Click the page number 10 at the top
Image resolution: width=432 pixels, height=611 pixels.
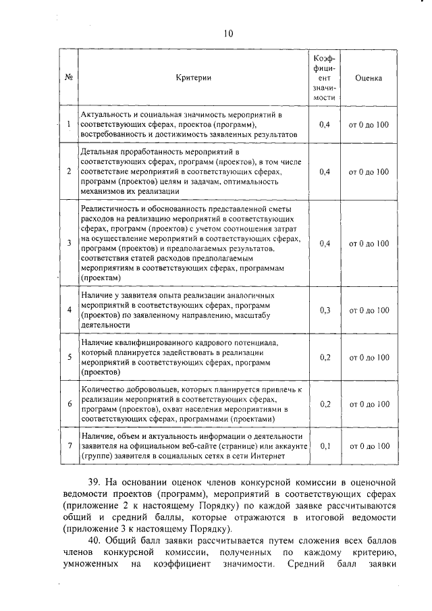click(228, 32)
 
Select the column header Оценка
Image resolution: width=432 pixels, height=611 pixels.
click(369, 78)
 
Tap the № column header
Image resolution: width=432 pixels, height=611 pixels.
click(68, 78)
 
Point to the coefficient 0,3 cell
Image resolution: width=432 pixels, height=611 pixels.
click(324, 311)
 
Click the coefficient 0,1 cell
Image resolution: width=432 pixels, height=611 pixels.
click(324, 446)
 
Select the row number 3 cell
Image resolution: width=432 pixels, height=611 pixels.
click(69, 243)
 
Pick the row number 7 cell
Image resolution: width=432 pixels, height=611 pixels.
click(69, 446)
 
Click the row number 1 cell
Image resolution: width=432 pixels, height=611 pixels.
click(69, 124)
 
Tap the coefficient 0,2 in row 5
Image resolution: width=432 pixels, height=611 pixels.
click(324, 357)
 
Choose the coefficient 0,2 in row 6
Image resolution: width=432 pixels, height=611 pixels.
click(324, 404)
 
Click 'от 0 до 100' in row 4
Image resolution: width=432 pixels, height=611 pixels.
click(369, 311)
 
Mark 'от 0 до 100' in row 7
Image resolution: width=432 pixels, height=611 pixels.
click(369, 446)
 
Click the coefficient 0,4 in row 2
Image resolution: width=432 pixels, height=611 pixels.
click(324, 171)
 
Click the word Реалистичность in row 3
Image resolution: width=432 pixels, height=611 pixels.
click(110, 210)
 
